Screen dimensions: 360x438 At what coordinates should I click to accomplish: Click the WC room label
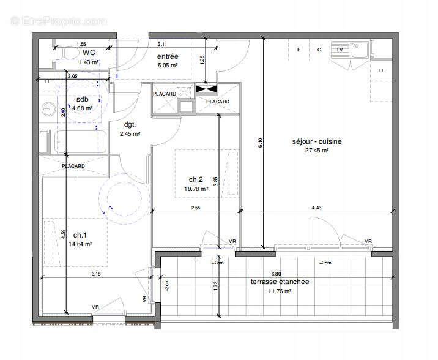coord(88,53)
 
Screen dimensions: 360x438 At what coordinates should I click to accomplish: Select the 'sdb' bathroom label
coord(82,99)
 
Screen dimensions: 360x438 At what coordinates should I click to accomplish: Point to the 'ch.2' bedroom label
coord(196,179)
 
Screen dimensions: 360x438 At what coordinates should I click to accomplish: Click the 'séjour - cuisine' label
coord(316,141)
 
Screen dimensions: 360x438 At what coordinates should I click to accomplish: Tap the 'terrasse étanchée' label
coord(280,282)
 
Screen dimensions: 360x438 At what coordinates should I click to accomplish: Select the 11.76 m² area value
coord(280,291)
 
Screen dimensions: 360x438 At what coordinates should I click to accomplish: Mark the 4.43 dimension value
coord(316,208)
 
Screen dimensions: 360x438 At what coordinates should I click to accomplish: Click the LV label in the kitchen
coord(340,50)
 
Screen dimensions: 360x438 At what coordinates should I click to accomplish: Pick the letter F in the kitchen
coord(299,50)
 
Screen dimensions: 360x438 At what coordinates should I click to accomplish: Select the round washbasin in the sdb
coord(49,109)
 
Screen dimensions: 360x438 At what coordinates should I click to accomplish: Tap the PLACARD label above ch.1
coord(73,166)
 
